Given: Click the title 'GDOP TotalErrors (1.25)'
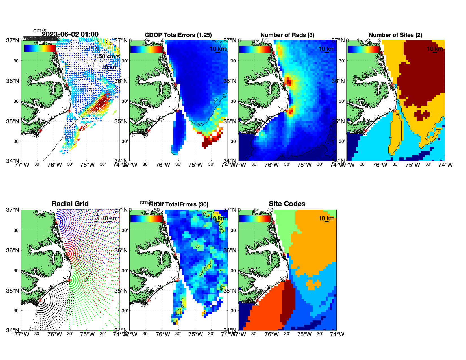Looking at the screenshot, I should [178, 35].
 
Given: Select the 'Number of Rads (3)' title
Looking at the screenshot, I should [287, 35].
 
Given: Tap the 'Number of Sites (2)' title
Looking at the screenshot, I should [395, 35].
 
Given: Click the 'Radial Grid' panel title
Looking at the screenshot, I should [70, 204].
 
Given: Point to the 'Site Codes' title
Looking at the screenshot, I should [287, 204].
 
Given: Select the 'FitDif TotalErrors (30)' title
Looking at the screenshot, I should [178, 204].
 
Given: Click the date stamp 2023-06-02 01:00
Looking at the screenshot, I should [70, 34].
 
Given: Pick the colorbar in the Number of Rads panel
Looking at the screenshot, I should [255, 49].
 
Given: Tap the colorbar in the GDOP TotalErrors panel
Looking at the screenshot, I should [146, 49].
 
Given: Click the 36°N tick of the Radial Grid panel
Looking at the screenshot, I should [13, 250].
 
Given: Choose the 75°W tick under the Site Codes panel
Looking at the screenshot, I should [304, 334].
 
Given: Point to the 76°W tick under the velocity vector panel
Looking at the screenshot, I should [54, 165].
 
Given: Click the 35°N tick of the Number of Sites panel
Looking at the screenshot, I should [339, 121].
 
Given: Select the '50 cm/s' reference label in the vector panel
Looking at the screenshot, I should [109, 56].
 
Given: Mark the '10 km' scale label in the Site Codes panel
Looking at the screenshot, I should [326, 218].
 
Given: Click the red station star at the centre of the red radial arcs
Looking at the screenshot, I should [68, 254].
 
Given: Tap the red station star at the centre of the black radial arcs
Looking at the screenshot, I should [40, 300].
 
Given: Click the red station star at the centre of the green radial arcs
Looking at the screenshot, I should [69, 280].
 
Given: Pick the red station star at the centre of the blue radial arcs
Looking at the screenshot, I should [56, 222].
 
